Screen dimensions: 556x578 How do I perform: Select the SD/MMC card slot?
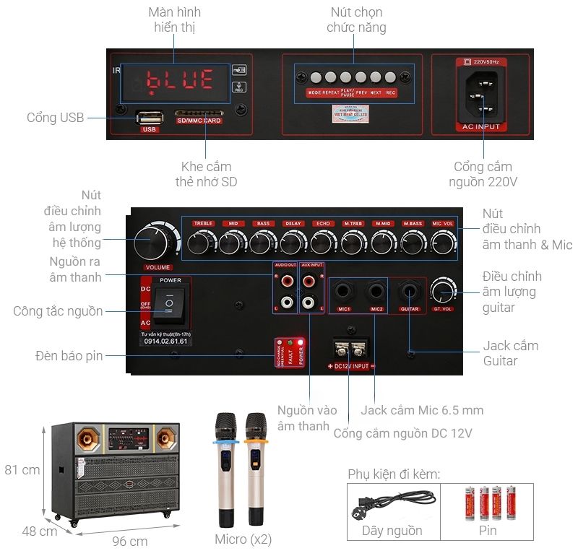199,114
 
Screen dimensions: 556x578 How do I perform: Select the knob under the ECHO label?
322,243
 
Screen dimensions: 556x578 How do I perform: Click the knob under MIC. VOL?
441,243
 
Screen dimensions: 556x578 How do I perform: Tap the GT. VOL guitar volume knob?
442,292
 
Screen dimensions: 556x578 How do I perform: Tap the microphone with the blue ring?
224,469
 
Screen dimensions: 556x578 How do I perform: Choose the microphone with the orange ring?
255,469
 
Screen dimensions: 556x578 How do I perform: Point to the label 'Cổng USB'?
55,118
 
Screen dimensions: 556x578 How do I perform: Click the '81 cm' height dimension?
21,470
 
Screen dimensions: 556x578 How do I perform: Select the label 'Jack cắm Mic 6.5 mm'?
422,410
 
